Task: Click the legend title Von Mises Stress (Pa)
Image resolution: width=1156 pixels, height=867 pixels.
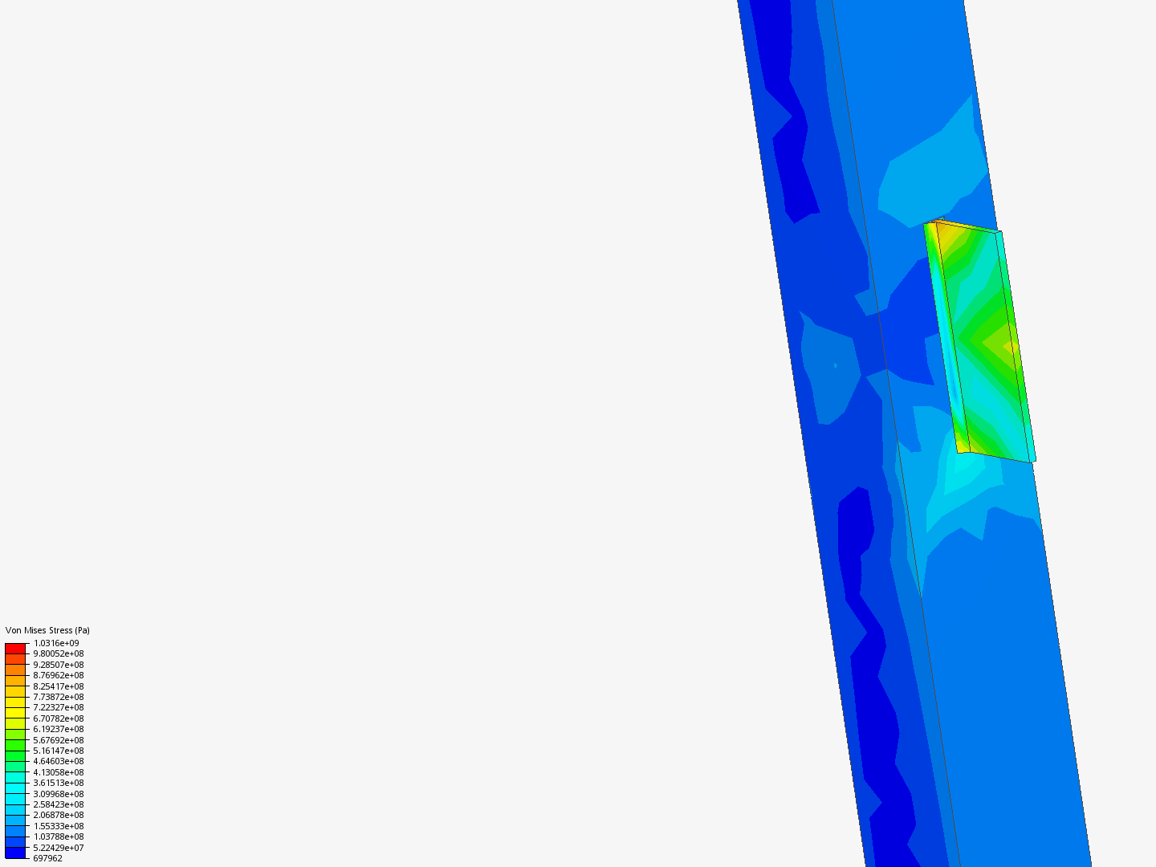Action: click(47, 630)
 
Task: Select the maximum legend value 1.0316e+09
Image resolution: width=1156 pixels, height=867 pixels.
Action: click(56, 643)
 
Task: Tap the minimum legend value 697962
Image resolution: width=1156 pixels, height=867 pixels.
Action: click(47, 859)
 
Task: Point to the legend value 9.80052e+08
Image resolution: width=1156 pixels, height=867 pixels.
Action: click(59, 653)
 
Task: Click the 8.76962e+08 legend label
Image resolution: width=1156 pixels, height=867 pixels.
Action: click(59, 675)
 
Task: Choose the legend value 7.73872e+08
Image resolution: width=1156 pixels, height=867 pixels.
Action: click(59, 697)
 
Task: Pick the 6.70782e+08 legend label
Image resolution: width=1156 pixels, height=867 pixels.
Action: click(59, 718)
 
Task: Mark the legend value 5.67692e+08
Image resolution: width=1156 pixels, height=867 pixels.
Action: click(59, 740)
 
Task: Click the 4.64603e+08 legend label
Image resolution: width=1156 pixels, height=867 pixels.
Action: click(59, 761)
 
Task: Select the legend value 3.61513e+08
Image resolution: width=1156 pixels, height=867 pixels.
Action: click(59, 783)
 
